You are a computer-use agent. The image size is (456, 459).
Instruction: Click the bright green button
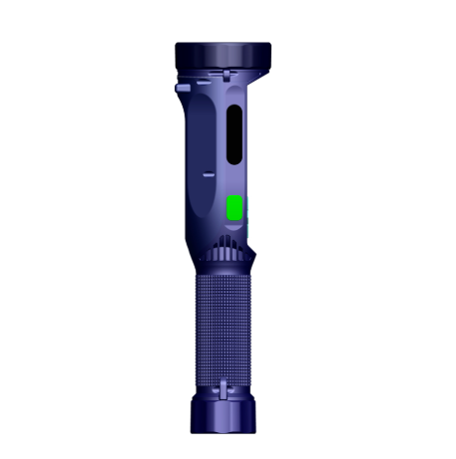coord(235,207)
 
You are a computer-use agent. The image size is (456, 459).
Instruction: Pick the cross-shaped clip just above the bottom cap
coord(226,386)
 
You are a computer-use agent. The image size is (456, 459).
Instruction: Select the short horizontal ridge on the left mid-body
coord(209,173)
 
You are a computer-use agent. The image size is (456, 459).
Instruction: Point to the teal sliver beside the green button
coord(247,209)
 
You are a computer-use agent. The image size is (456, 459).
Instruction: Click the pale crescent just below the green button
coord(235,225)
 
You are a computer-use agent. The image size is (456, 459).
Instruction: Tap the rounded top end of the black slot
coord(233,111)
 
